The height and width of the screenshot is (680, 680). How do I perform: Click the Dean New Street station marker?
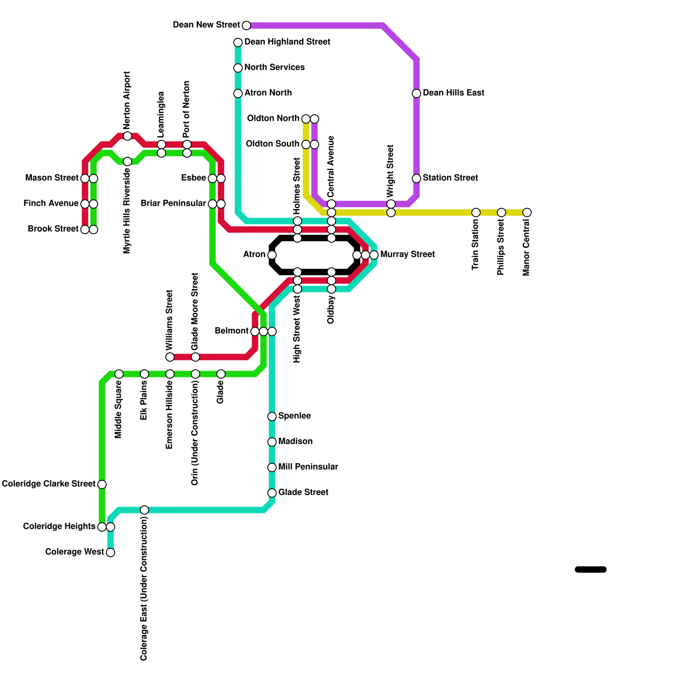tap(246, 25)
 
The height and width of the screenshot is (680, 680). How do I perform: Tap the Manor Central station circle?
tap(527, 212)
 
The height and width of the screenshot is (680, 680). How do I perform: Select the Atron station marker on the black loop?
tap(272, 255)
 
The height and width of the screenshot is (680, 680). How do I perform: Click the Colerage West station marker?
tap(110, 552)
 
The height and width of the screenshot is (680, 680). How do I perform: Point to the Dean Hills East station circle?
tap(416, 93)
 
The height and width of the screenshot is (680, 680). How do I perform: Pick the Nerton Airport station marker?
tap(127, 136)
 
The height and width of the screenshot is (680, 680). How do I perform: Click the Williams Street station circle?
tap(170, 357)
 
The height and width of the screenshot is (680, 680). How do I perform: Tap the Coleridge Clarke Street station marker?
tap(102, 484)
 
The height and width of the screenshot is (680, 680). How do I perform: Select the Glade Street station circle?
tap(272, 493)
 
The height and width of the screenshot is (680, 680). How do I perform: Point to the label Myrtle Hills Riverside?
tap(127, 211)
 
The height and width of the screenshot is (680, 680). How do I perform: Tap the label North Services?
tap(274, 68)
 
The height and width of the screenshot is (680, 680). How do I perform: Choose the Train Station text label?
tap(476, 245)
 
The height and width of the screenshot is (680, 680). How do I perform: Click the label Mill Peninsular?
tap(308, 467)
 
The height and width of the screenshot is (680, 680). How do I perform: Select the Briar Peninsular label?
tap(173, 204)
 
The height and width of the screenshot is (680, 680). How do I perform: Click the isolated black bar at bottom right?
tap(590, 569)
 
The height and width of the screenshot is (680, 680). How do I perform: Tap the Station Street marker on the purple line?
tap(416, 178)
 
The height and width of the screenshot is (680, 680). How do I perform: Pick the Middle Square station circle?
tap(119, 374)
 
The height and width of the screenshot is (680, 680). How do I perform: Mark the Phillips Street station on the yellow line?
tap(501, 212)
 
